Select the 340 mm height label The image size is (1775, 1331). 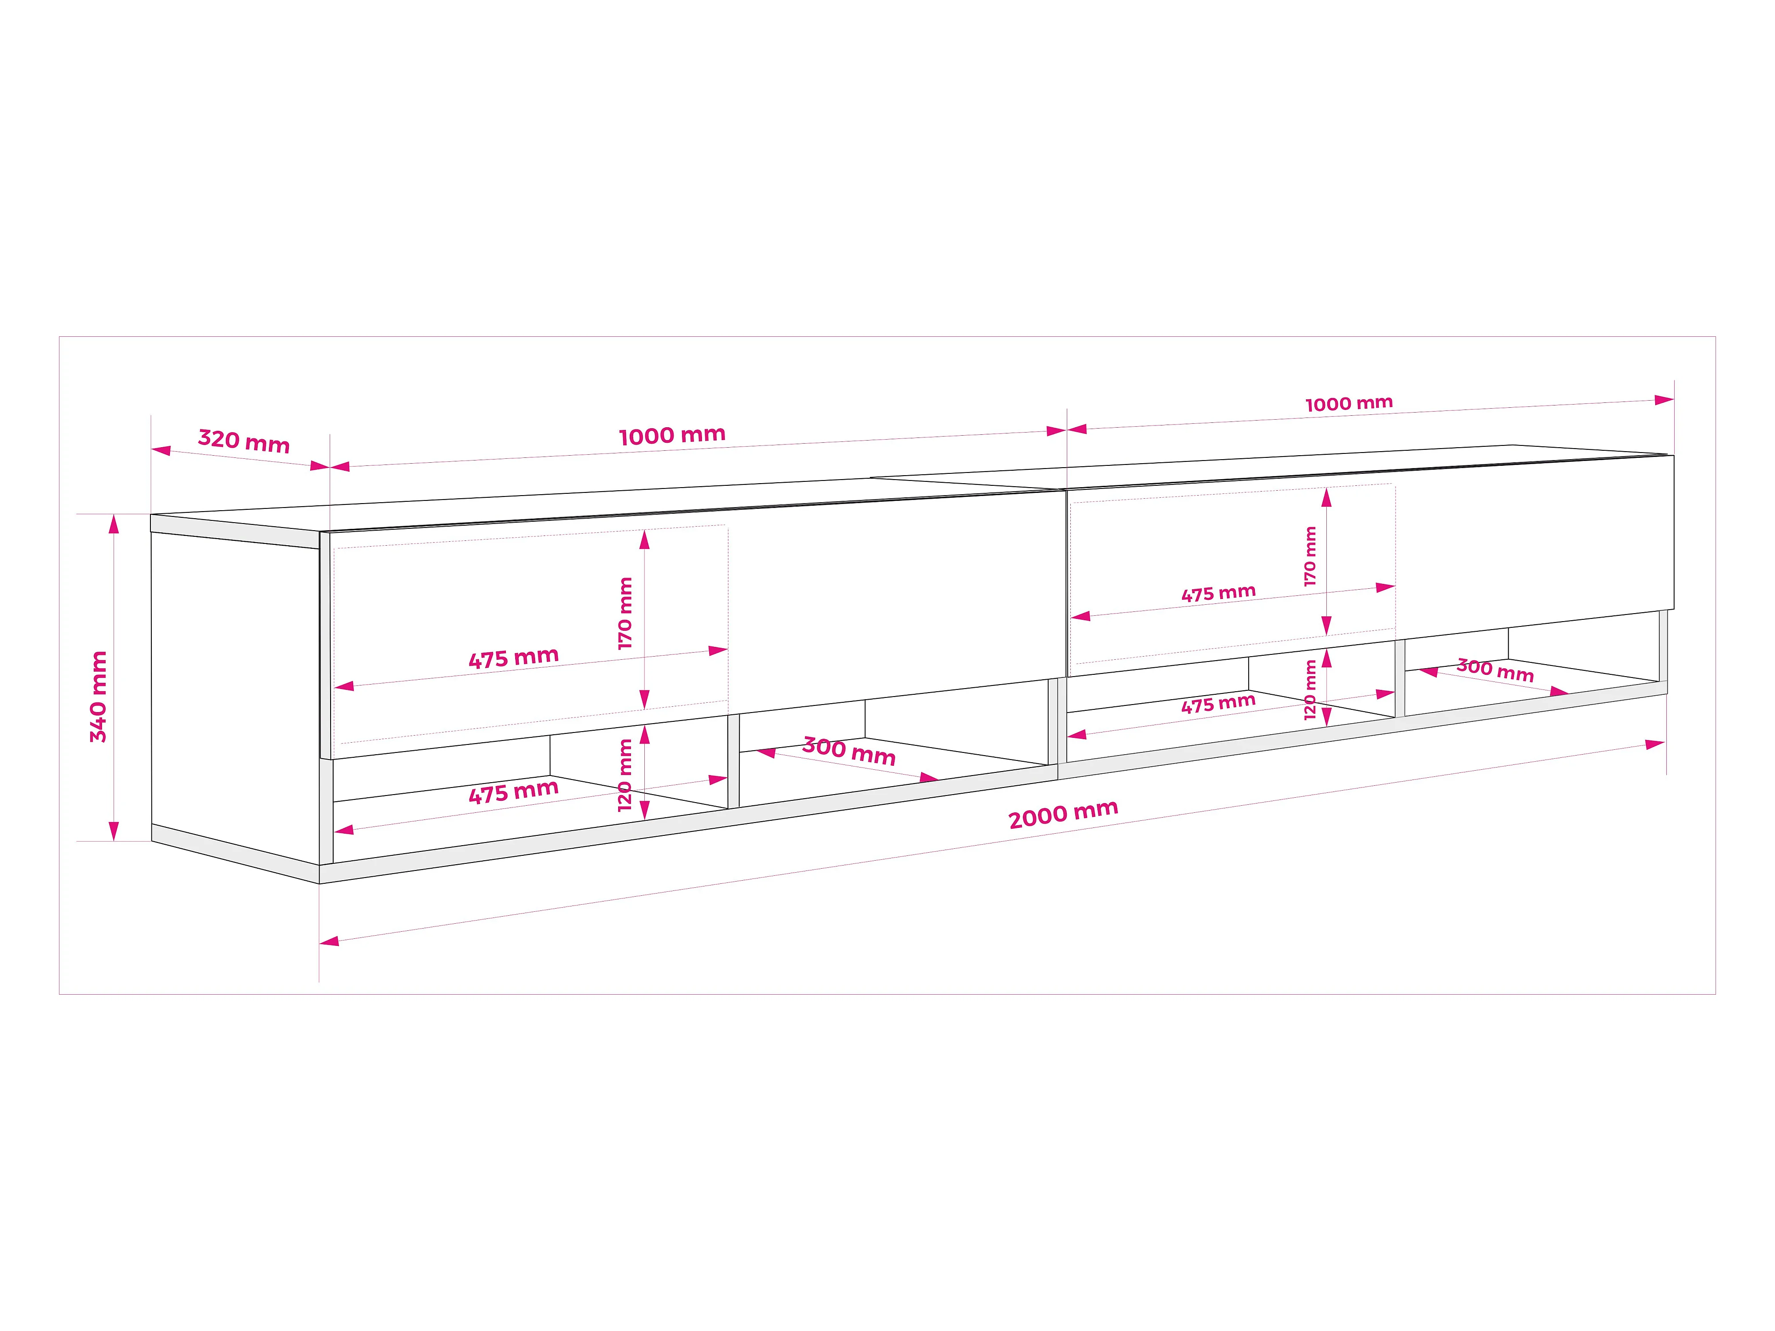pos(98,697)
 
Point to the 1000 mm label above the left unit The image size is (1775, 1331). pos(672,436)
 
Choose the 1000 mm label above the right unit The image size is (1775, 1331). pos(1349,404)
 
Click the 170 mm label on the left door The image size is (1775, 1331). pos(625,613)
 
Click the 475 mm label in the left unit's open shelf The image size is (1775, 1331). pos(513,793)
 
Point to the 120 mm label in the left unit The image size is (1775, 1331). pos(625,775)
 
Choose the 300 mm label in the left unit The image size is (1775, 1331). pos(849,752)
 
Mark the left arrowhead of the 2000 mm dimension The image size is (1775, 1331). pos(329,940)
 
